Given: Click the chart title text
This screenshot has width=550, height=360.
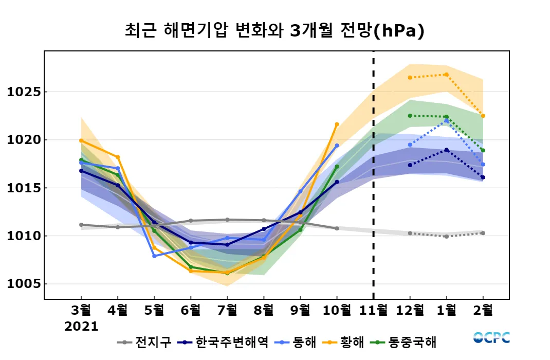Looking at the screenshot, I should [274, 31].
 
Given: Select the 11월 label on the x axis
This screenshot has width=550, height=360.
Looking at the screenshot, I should [373, 310].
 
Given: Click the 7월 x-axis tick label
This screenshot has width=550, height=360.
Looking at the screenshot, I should [227, 310].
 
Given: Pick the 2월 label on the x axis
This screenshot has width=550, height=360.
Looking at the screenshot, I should [483, 310].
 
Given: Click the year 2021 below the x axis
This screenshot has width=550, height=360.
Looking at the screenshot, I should [81, 326].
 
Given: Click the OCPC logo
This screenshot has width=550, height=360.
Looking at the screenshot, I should [491, 337].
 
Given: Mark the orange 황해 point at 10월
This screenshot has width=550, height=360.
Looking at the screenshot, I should [337, 124].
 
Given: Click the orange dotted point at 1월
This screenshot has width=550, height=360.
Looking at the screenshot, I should [446, 75].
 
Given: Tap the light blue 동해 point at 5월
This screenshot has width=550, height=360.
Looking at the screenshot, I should [154, 256].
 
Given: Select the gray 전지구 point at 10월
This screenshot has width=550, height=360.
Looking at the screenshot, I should [337, 228].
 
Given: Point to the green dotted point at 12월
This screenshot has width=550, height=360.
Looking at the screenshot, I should [410, 116].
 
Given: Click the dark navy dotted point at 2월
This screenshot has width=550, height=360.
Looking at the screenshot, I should [483, 177].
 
